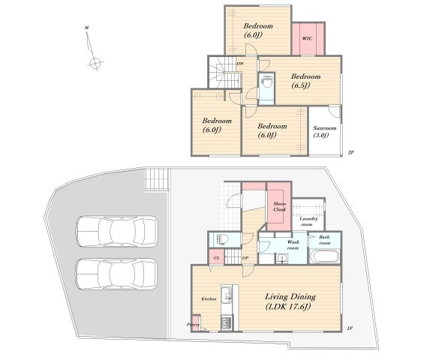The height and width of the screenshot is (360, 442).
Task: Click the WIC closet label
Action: pos(307,38)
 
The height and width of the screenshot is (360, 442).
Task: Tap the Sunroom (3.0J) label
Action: pos(324,131)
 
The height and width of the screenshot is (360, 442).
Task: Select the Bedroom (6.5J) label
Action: pos(305,80)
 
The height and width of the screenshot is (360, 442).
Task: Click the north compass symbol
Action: pos(93,48)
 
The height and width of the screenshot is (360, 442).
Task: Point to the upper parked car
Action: pos(117,231)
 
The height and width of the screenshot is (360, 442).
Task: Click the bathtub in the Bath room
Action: pos(325,256)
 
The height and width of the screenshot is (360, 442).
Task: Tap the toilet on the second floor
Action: pos(266,84)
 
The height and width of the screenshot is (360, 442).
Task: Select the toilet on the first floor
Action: pos(222,240)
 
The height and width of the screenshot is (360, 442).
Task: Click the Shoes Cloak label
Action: pos(279,206)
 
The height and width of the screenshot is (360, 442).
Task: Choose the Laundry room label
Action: pos(308,221)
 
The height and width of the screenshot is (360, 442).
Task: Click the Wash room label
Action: pos(293,244)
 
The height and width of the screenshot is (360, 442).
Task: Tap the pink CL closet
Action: pos(216,256)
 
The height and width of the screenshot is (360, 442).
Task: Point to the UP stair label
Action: pos(245,258)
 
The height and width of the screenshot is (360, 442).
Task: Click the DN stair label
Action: pos(240,64)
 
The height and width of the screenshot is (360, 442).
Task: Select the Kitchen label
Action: pos(209,298)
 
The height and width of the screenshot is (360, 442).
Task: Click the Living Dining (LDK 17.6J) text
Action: pos(290,301)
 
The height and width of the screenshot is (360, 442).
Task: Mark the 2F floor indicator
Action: pos(350,152)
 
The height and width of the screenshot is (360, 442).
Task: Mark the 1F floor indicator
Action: pos(350,328)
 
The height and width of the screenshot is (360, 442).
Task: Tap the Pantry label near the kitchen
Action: pos(193,325)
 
